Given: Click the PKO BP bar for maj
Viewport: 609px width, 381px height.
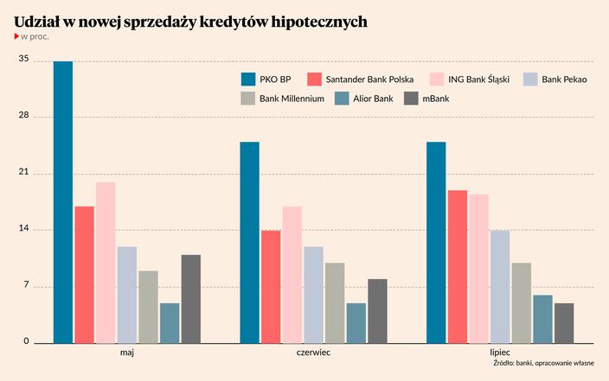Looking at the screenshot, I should click(x=63, y=202).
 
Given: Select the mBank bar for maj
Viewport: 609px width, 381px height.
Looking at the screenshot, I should click(x=191, y=299).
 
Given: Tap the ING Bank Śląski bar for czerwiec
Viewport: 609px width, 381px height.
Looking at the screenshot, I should click(x=292, y=275).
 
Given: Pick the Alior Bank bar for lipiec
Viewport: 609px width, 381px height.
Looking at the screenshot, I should click(x=542, y=319).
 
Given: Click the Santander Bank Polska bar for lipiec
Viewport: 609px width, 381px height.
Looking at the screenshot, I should click(x=458, y=266).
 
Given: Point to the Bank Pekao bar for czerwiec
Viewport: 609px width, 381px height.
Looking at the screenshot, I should click(x=314, y=295).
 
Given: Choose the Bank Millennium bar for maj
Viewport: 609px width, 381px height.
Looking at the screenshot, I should click(x=149, y=307).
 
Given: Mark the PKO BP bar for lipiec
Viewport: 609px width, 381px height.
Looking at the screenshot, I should click(x=436, y=243).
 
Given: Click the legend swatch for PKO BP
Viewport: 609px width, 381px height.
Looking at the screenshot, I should click(x=248, y=79).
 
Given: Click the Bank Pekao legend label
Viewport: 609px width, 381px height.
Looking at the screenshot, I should click(x=564, y=79).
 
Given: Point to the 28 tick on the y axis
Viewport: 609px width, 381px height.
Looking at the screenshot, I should click(x=23, y=116).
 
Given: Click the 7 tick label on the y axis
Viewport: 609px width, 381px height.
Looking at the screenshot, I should click(x=26, y=286).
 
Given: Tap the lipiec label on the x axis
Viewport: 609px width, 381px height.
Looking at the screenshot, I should click(x=500, y=353).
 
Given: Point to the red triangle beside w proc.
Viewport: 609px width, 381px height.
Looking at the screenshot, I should click(x=17, y=37).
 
